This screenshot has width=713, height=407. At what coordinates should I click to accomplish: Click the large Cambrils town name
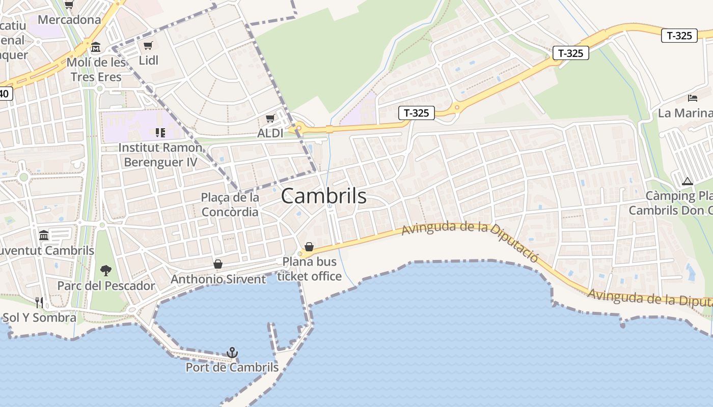click(x=323, y=196)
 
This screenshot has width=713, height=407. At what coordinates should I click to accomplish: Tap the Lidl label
click(x=149, y=61)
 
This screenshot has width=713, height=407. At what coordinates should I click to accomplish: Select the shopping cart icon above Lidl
click(x=148, y=46)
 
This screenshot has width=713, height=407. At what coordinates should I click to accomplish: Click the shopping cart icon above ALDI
click(x=270, y=119)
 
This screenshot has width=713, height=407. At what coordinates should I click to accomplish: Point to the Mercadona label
click(x=69, y=20)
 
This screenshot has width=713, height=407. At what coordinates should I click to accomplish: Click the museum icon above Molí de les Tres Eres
click(x=96, y=47)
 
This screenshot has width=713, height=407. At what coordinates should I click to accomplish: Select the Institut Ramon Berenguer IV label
click(x=160, y=155)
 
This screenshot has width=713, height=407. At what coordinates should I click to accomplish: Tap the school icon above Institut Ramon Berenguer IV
click(x=160, y=133)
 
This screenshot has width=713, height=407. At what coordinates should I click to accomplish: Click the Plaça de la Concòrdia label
click(x=230, y=205)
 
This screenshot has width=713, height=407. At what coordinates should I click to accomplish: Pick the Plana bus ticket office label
click(x=309, y=269)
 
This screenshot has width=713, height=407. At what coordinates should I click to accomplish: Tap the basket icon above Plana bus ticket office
click(x=309, y=247)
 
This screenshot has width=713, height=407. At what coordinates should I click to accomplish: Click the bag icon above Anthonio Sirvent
click(x=218, y=264)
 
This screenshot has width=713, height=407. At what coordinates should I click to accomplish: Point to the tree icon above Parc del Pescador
click(x=106, y=270)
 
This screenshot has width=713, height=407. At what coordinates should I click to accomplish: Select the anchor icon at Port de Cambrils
click(x=232, y=352)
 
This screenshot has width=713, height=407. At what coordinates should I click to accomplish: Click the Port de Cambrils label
click(x=232, y=367)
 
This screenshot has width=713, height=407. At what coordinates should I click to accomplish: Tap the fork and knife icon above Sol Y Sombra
click(x=39, y=302)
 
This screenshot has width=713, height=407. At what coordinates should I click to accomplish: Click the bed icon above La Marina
click(x=692, y=98)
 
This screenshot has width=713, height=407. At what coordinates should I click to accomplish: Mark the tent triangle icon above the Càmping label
click(x=688, y=181)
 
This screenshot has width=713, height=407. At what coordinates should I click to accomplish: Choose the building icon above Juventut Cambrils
click(x=44, y=235)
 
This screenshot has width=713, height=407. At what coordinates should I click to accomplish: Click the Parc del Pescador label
click(x=106, y=285)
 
